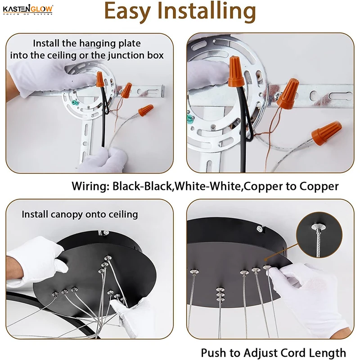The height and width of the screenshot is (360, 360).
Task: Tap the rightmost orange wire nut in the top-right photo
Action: click(x=326, y=133)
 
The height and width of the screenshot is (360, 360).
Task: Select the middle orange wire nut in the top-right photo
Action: click(x=288, y=93)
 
